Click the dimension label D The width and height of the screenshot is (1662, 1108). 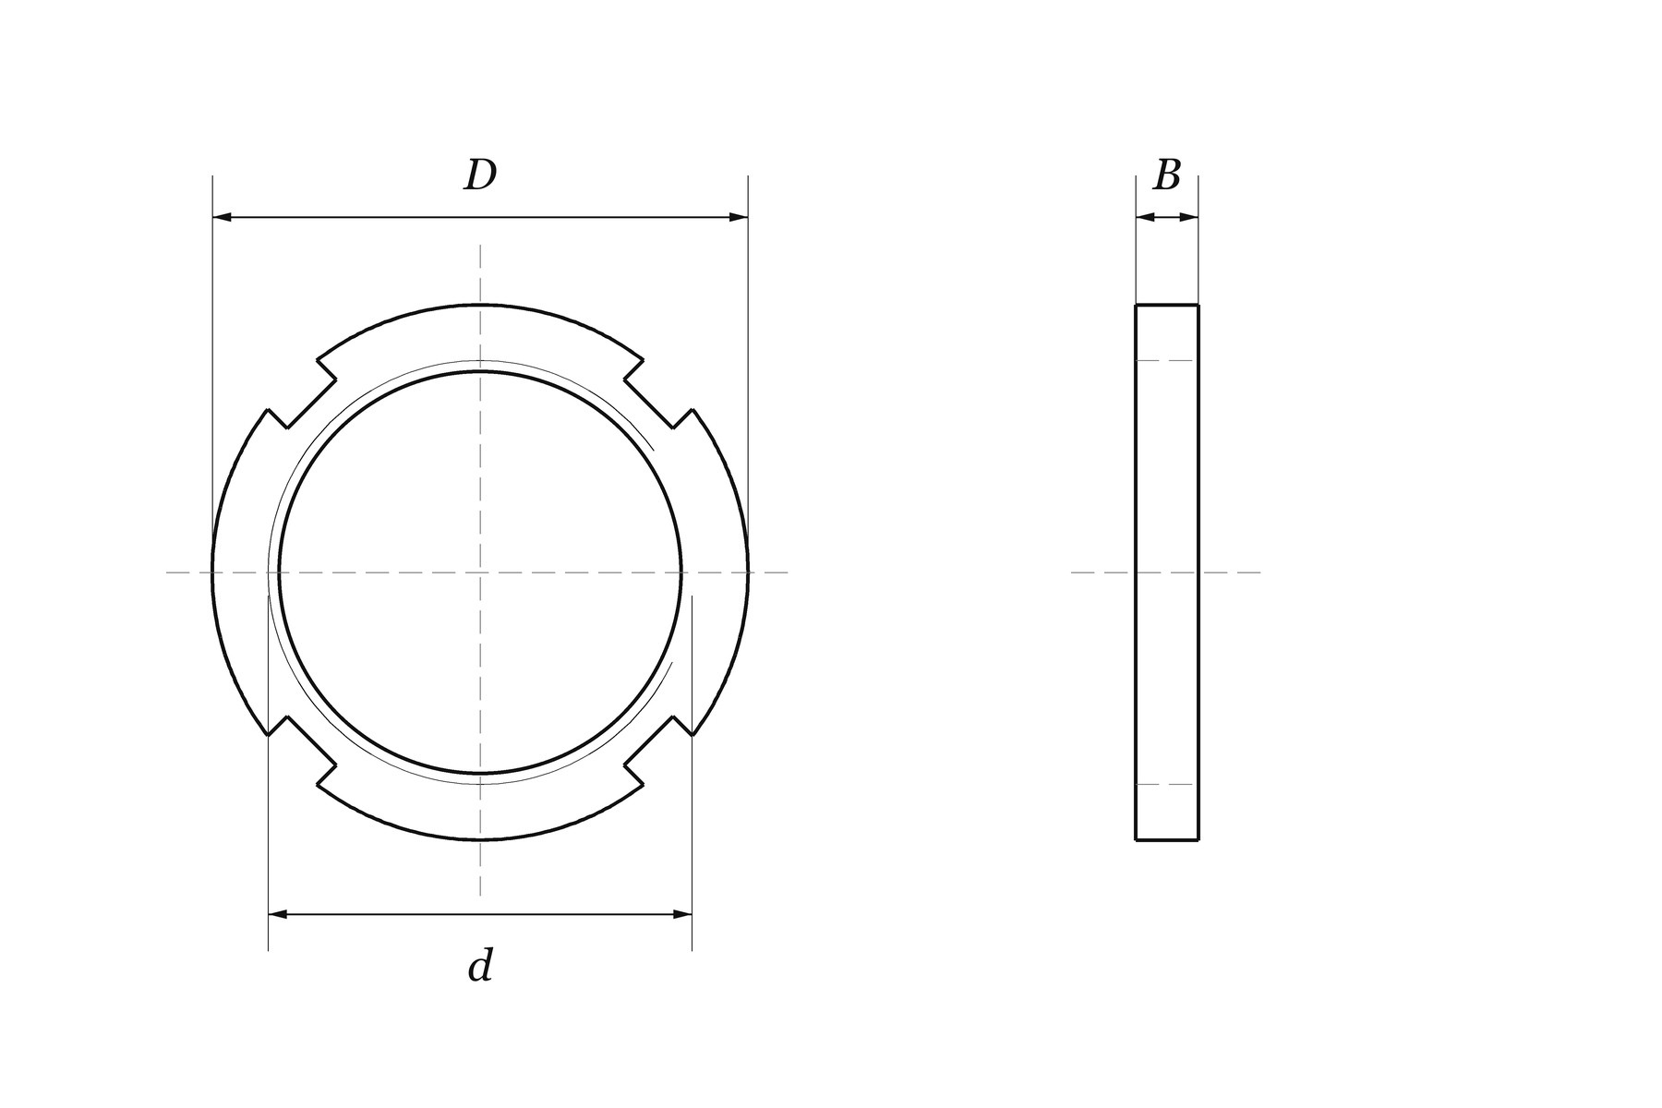(x=480, y=175)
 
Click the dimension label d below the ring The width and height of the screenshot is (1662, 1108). (x=480, y=965)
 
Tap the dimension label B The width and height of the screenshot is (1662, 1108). (x=1167, y=175)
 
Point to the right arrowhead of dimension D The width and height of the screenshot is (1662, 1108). (x=739, y=217)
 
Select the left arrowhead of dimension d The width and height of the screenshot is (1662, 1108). (x=277, y=914)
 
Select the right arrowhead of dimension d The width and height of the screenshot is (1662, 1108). (x=682, y=914)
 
